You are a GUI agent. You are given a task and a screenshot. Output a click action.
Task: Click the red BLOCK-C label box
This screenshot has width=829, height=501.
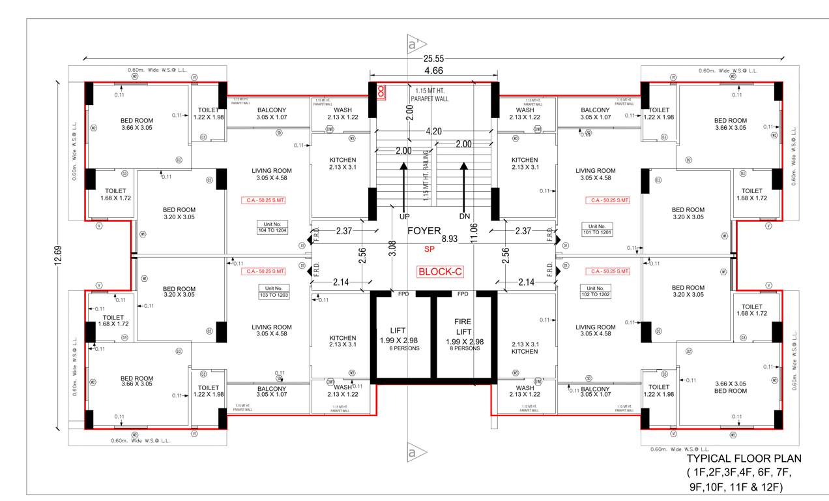440,272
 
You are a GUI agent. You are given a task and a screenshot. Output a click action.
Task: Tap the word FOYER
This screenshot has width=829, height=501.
424,231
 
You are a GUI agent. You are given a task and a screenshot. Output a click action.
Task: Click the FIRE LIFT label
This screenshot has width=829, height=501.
463,326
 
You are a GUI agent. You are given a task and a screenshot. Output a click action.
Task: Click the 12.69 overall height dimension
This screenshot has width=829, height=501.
59,255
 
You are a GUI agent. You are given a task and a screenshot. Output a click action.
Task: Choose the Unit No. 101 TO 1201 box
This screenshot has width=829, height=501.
597,229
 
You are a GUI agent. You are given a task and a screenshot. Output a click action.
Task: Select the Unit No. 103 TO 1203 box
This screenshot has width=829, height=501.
273,292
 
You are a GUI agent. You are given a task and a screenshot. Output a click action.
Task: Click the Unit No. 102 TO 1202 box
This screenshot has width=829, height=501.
596,292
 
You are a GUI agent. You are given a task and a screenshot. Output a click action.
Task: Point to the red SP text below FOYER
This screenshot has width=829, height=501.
429,249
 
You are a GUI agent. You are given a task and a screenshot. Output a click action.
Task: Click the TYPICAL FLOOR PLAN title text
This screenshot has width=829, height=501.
744,459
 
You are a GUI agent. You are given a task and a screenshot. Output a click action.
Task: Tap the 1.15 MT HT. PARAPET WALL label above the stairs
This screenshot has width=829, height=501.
430,93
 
